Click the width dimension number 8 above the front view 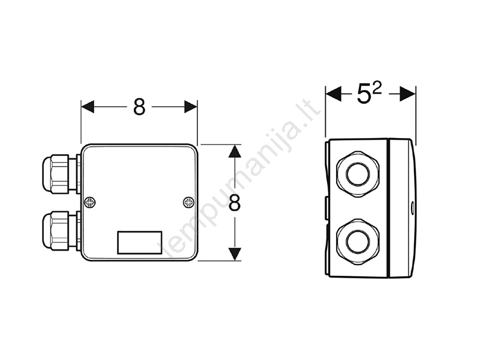click(x=139, y=107)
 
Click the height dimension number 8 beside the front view click(x=235, y=203)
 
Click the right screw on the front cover click(x=188, y=202)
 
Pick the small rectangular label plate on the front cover click(x=140, y=242)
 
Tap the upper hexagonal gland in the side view click(x=358, y=174)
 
